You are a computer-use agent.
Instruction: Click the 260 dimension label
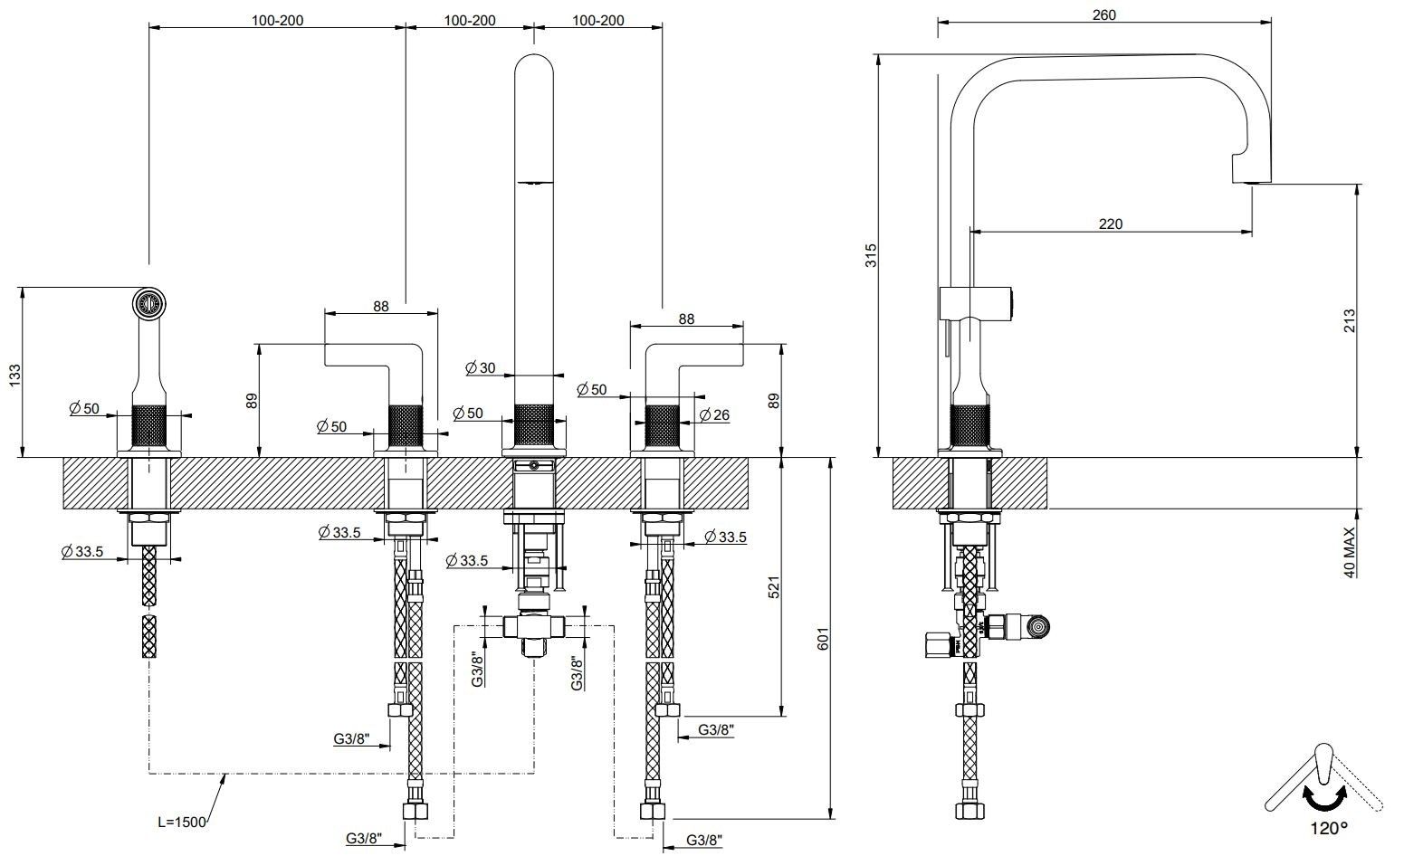[1103, 14]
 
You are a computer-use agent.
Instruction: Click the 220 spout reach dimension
[1110, 224]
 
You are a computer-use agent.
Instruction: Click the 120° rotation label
[1328, 827]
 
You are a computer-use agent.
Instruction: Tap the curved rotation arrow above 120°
[1324, 796]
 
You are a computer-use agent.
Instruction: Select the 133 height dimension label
[14, 375]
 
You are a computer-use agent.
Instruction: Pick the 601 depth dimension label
[822, 638]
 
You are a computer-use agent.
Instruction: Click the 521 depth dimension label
[773, 587]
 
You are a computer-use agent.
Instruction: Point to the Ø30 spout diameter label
[480, 368]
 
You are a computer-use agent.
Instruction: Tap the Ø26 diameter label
[714, 415]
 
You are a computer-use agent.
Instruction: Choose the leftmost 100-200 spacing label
[277, 21]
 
